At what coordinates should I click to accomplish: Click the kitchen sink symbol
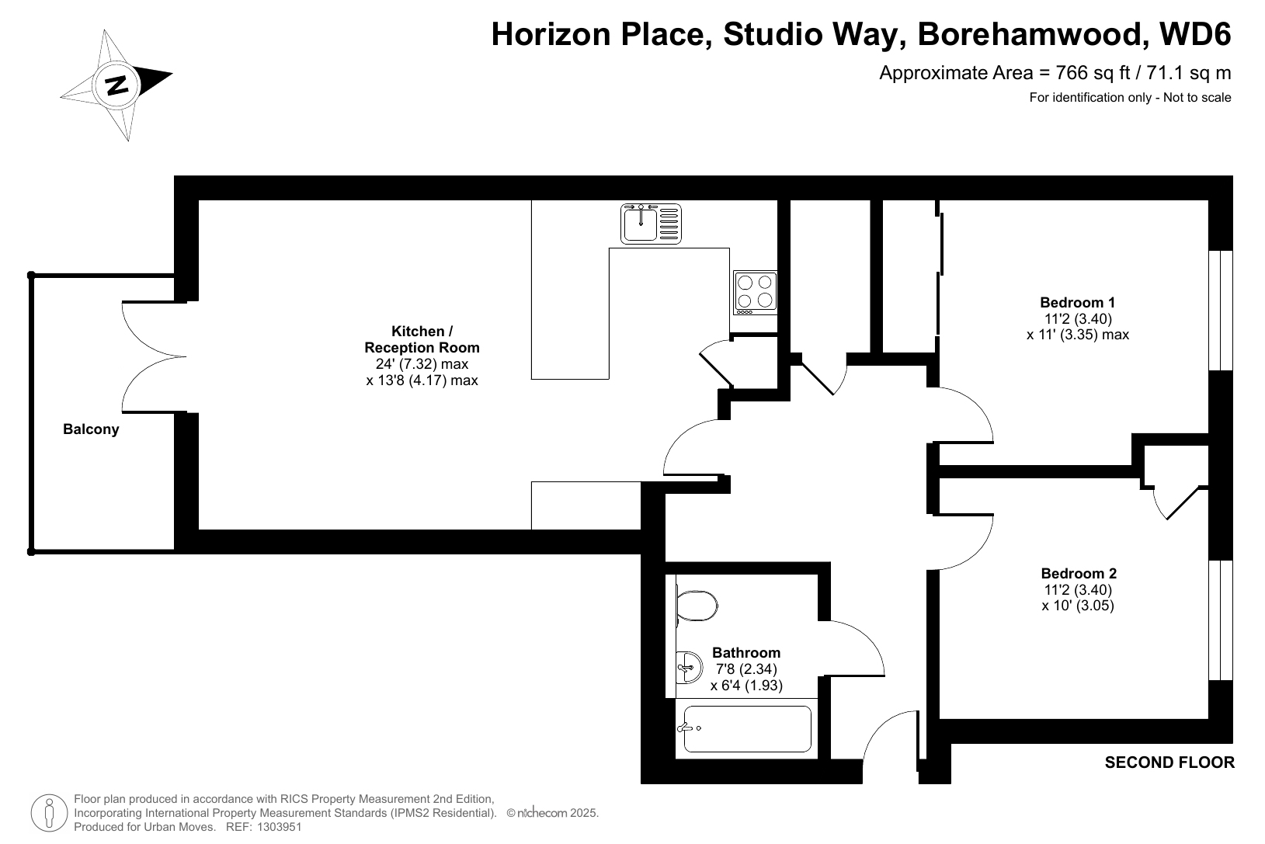point(651,224)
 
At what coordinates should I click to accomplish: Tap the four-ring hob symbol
point(755,293)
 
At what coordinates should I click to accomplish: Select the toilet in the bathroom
point(697,606)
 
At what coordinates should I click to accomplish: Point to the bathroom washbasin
point(689,667)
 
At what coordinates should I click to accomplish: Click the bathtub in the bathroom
point(746,729)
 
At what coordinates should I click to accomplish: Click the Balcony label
point(91,429)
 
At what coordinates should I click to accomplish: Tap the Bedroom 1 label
point(1078,303)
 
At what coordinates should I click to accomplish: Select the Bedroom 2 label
point(1079,574)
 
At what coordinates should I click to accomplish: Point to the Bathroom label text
point(746,653)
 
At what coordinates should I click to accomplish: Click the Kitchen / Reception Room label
point(422,339)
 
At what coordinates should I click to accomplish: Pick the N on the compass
point(117,85)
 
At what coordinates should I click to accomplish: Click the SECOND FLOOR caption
point(1169,762)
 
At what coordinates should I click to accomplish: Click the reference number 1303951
point(279,827)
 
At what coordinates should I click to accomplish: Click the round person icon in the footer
point(49,813)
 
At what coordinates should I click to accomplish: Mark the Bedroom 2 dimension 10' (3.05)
point(1078,606)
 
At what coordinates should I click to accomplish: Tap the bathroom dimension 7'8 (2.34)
point(746,669)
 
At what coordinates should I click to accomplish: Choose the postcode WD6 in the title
point(1195,34)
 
